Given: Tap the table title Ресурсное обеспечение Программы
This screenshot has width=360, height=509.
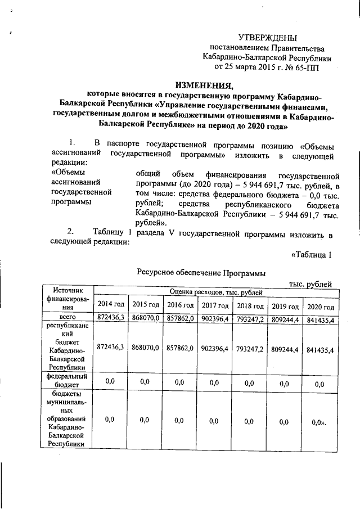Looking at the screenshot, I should pos(201,273).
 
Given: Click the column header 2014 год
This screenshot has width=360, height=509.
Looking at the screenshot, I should pos(111,305).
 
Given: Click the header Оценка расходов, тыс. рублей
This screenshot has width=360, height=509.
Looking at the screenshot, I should pos(215,292).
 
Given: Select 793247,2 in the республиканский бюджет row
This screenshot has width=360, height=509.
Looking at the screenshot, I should pos(250,349).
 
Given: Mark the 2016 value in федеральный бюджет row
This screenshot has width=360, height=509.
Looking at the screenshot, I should pos(180,382).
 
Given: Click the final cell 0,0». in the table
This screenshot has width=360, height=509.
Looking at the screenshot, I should pos(319,420).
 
